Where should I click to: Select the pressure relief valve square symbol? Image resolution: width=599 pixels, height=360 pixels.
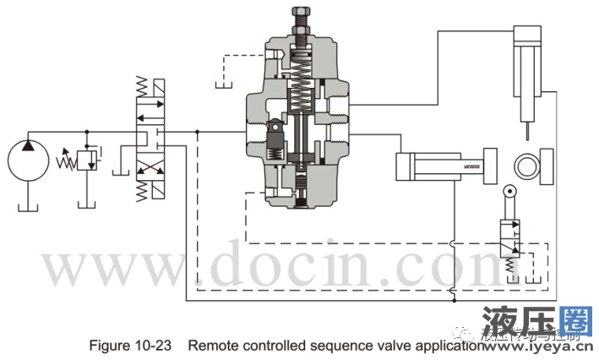pos(87,161)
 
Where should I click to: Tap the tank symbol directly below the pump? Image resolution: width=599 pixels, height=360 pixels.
pos(27,205)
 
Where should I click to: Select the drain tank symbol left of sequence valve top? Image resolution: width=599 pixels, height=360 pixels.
pos(224,85)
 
